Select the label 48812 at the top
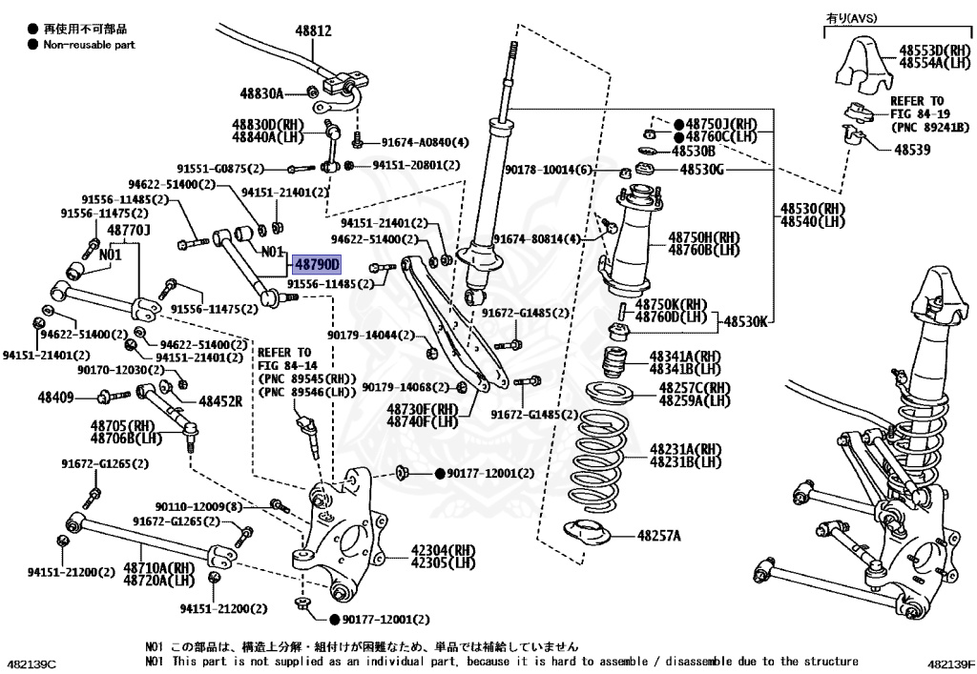tap(312, 31)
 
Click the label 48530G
tap(702, 170)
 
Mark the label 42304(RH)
tap(443, 550)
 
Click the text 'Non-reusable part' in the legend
tap(89, 44)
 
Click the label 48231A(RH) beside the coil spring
tap(686, 449)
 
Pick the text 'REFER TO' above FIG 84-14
tap(283, 352)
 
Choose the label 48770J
tap(129, 230)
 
